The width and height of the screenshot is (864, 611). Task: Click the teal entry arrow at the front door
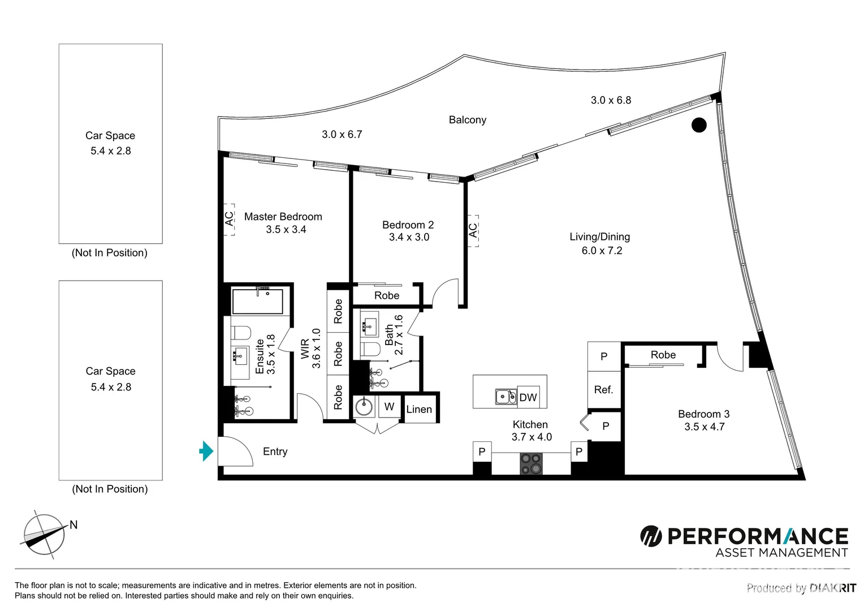[x=206, y=451]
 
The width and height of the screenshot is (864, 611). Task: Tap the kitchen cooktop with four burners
[x=531, y=463]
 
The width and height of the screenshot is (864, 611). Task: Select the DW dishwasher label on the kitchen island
[x=528, y=398]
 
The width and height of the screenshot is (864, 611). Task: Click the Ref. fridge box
[x=603, y=390]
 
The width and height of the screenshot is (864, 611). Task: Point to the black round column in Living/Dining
[x=699, y=125]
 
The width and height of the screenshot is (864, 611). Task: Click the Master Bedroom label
[x=283, y=217]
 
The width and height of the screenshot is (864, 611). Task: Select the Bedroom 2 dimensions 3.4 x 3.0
[x=409, y=238]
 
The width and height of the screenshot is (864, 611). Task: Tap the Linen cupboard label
[x=419, y=410]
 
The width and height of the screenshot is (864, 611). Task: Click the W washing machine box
[x=389, y=407]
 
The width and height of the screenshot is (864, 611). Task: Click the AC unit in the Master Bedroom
[x=229, y=220]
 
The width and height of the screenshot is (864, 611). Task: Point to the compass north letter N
[x=74, y=525]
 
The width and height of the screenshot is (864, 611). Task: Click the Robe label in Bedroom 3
[x=663, y=355]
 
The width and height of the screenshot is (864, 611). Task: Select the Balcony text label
[x=467, y=120]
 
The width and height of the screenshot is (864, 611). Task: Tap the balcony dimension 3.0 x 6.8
[x=611, y=100]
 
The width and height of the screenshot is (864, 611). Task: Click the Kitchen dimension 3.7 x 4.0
[x=532, y=437]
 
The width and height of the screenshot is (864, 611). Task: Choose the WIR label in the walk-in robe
[x=305, y=349]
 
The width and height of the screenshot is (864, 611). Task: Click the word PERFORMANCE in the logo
[x=758, y=536]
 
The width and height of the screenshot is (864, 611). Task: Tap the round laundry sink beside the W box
[x=364, y=407]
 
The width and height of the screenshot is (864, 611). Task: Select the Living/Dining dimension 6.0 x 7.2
[x=602, y=251]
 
